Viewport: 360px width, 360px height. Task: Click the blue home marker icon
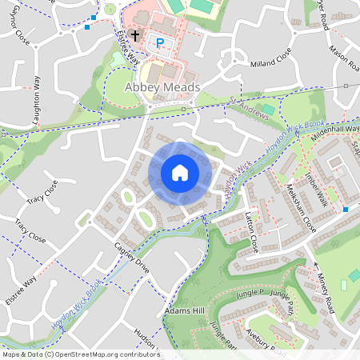(x=180, y=173)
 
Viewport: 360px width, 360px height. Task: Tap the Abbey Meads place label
(x=162, y=88)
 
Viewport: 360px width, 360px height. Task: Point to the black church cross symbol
(x=135, y=36)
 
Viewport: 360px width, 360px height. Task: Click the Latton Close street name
(x=251, y=232)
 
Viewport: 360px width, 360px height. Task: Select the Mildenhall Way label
(x=336, y=128)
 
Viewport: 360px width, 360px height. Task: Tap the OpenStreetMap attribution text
(x=81, y=354)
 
